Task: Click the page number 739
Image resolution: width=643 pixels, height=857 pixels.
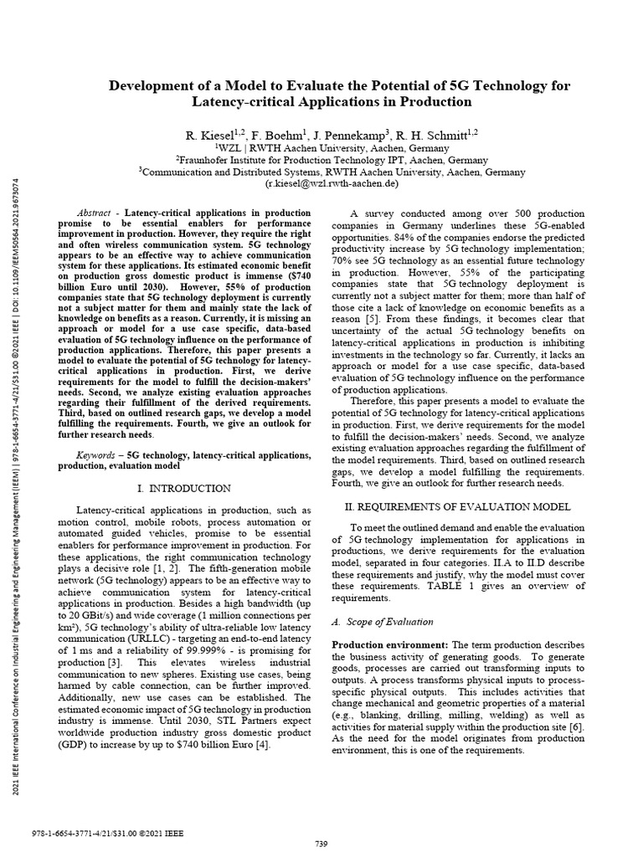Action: [321, 842]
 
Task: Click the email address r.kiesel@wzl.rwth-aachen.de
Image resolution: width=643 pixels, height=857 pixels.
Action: [332, 183]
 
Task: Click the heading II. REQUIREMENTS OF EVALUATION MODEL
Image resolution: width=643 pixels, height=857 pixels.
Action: [458, 506]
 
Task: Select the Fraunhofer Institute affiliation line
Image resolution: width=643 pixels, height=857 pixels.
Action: [332, 160]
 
